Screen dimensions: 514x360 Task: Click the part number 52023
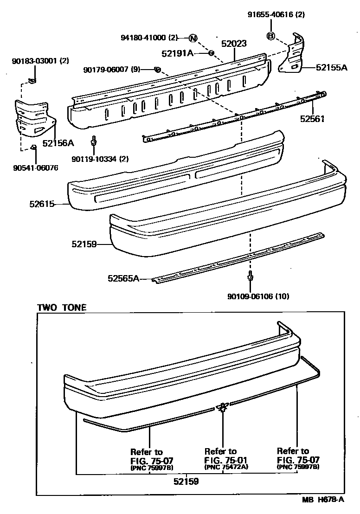(x=233, y=44)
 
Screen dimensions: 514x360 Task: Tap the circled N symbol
(x=193, y=38)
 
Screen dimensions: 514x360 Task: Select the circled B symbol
(x=271, y=36)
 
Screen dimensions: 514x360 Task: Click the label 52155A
(x=331, y=67)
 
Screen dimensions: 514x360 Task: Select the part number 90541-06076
(x=36, y=167)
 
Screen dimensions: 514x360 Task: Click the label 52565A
(x=123, y=278)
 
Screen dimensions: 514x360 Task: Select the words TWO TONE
(x=62, y=307)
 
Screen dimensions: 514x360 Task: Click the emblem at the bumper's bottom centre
(x=223, y=407)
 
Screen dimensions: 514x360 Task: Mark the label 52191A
(x=178, y=53)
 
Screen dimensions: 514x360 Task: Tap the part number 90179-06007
(x=112, y=70)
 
